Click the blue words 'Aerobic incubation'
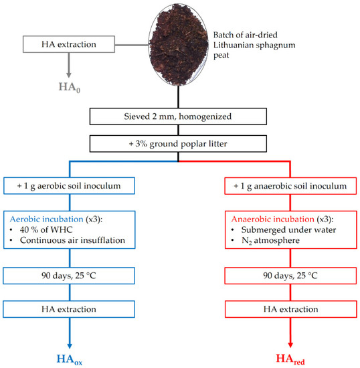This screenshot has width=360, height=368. (x=43, y=218)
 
